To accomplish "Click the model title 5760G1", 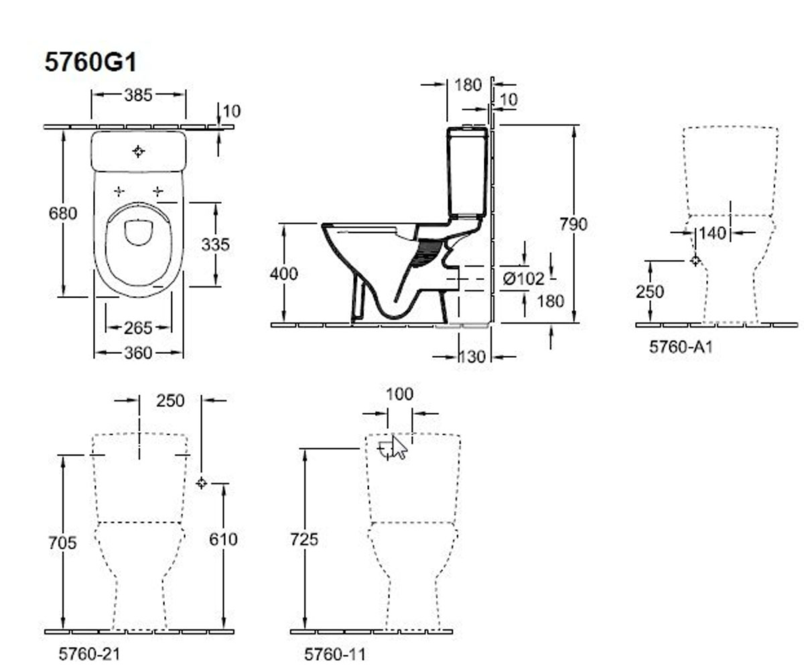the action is click(x=91, y=62).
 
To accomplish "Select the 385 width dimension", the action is click(x=138, y=95).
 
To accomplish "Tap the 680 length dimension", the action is click(x=63, y=213).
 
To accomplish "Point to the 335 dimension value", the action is click(x=215, y=245).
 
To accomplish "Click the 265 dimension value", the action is click(x=138, y=328).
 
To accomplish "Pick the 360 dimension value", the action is click(x=138, y=353).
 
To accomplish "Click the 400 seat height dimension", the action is click(x=284, y=274).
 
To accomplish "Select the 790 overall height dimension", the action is click(x=574, y=224).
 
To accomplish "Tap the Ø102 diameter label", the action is click(x=524, y=279).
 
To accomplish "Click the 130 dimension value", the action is click(x=471, y=357).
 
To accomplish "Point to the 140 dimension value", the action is click(x=712, y=233).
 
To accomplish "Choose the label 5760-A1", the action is click(x=681, y=347).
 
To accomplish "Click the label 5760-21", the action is click(x=89, y=654).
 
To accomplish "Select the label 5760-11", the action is click(x=334, y=654).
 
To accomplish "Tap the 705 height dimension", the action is click(x=62, y=543).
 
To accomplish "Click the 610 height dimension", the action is click(x=223, y=539).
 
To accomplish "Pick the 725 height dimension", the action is click(x=304, y=539).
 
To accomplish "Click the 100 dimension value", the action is click(x=400, y=394).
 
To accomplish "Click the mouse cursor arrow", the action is click(x=399, y=448).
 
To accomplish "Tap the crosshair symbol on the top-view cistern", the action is click(x=138, y=151).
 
